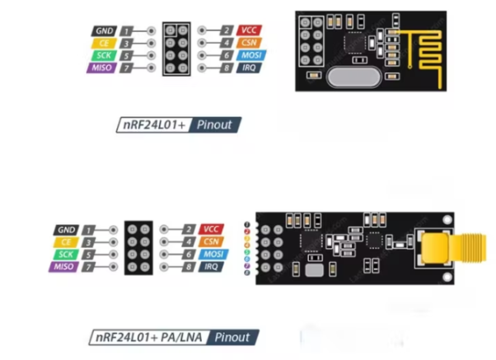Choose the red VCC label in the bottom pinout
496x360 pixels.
pyautogui.click(x=212, y=228)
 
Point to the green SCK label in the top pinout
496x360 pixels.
pyautogui.click(x=102, y=55)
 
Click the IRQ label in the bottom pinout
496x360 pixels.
pyautogui.click(x=212, y=267)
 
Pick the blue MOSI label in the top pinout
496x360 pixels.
pyautogui.click(x=250, y=54)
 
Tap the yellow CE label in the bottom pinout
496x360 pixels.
pyautogui.click(x=65, y=241)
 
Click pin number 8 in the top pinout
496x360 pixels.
pyautogui.click(x=227, y=68)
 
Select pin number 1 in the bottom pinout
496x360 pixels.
pyautogui.click(x=88, y=229)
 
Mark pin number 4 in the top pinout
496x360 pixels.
pyautogui.click(x=227, y=42)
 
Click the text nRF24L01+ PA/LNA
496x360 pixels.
pyautogui.click(x=145, y=337)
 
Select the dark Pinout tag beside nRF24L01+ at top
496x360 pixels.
pyautogui.click(x=217, y=125)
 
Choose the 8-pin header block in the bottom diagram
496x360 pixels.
pyautogui.click(x=138, y=248)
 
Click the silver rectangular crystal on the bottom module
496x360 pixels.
pyautogui.click(x=312, y=271)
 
